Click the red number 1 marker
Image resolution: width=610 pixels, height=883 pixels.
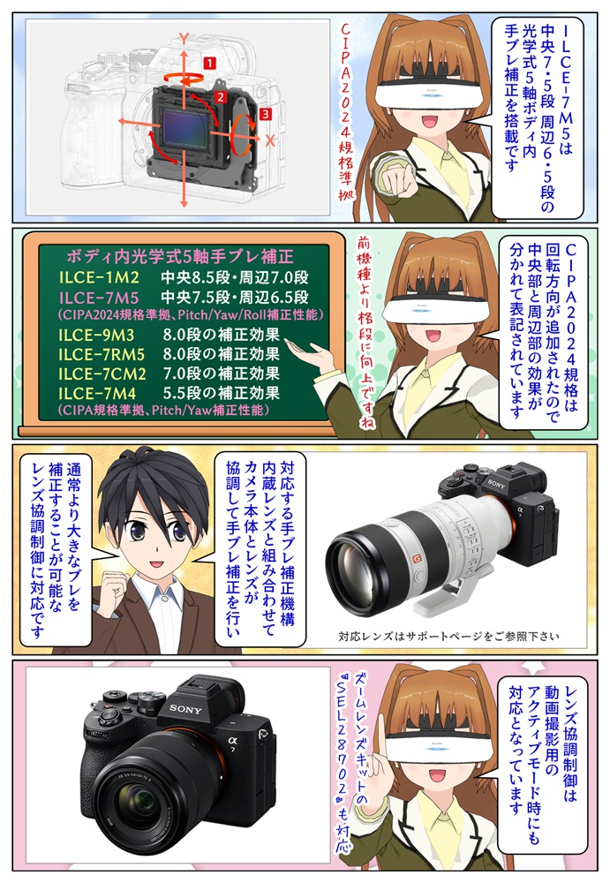[x=210, y=64]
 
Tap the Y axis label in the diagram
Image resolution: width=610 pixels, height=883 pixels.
[x=184, y=38]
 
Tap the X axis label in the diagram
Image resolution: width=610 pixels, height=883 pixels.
[x=271, y=140]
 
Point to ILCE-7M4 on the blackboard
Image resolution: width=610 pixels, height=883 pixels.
[x=96, y=392]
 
